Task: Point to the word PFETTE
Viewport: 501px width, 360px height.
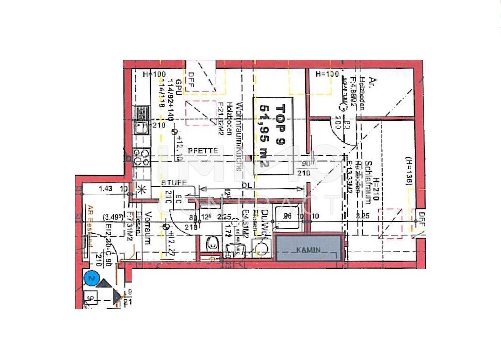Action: [203, 151]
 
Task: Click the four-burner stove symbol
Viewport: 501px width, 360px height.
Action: [141, 157]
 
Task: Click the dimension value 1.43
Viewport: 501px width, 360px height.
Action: [105, 189]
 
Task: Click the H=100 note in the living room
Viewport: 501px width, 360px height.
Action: [154, 74]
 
